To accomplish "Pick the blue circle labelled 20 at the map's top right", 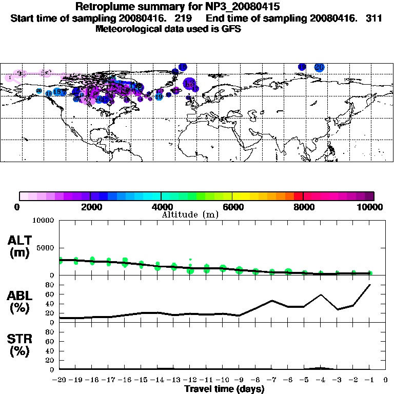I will coord(319,67).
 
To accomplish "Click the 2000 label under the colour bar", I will coord(90,207).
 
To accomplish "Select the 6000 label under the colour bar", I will coord(232,207).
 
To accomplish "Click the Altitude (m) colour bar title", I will coord(190,214).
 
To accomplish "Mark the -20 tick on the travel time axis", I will coord(60,380).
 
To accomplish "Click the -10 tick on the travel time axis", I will coord(223,380).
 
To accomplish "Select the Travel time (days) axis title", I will coord(224,389).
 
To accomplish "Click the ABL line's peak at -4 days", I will coord(321,294).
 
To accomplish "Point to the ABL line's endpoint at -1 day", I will coord(369,285).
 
